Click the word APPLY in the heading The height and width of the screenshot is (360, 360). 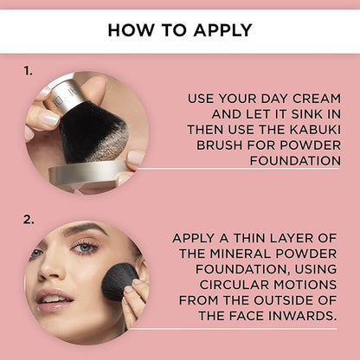tap(223, 30)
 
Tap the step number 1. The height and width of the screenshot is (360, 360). tap(28, 71)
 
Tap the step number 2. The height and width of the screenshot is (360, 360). tap(29, 220)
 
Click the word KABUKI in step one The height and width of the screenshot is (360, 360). tap(315, 130)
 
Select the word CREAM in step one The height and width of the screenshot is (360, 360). tap(317, 99)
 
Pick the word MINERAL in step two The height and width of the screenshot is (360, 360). tap(241, 254)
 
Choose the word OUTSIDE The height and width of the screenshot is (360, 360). tap(284, 300)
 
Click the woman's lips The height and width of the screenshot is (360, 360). tap(53, 300)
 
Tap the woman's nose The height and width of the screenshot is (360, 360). tap(49, 270)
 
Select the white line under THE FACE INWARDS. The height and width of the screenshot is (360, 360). tap(233, 329)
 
